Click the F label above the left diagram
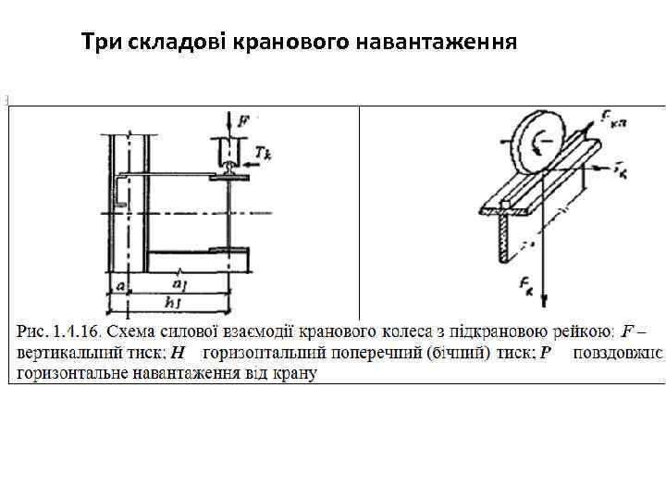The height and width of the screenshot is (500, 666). coord(242,119)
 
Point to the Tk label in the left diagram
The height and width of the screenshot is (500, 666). coord(264,154)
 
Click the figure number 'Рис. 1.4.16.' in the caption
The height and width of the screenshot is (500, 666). coord(57,331)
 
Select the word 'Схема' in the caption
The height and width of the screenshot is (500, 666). coord(131,331)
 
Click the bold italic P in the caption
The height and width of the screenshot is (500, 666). coord(546,352)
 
